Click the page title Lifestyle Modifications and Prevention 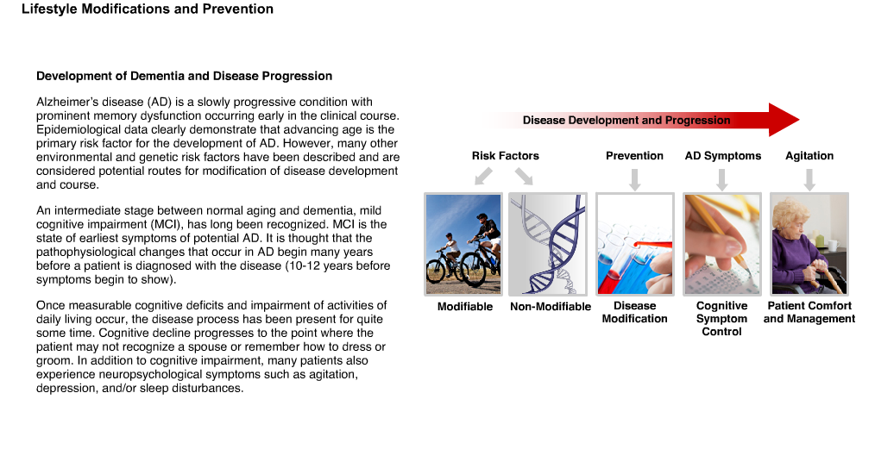point(148,9)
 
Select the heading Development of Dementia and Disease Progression point(184,77)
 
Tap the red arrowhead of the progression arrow point(784,120)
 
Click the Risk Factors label point(506,156)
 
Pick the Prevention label point(634,156)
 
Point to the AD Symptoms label point(722,156)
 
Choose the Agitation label point(809,156)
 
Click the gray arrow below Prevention point(634,179)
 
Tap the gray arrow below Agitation point(809,179)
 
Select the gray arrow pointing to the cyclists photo point(483,176)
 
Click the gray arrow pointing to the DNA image point(524,176)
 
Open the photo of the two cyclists point(463,244)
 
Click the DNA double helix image point(548,244)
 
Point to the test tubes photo point(635,244)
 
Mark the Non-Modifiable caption point(551,307)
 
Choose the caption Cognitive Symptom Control point(721,319)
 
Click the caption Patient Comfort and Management point(809,313)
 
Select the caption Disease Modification point(634,313)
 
